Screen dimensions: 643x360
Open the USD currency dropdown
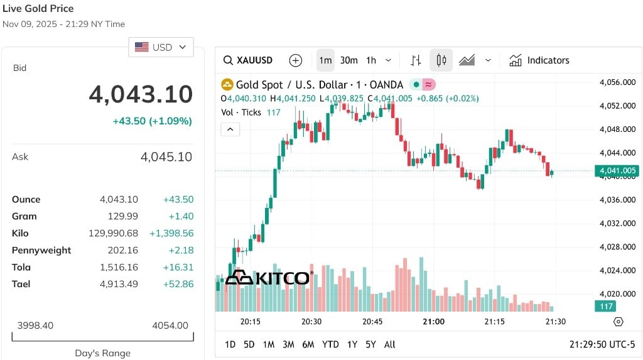(x=161, y=47)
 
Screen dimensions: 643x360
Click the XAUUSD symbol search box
(x=248, y=60)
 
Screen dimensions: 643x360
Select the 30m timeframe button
(x=349, y=60)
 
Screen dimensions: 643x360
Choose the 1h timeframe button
(x=371, y=60)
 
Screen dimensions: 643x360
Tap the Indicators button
(x=539, y=60)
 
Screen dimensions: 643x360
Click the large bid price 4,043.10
(x=141, y=94)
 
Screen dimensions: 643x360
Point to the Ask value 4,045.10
(x=166, y=157)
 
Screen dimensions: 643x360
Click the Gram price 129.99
(x=123, y=216)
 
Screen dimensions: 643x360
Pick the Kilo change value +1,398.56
(x=171, y=233)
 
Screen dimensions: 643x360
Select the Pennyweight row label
(x=41, y=251)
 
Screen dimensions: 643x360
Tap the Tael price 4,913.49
(x=119, y=284)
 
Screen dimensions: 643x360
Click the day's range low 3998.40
(x=35, y=325)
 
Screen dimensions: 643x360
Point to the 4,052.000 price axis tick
(x=618, y=106)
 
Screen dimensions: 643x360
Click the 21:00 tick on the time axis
(x=433, y=322)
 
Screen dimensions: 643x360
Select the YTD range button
(x=330, y=344)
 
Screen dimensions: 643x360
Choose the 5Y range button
(x=370, y=344)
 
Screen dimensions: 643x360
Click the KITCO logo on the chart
(x=269, y=278)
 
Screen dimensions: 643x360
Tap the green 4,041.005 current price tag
(x=617, y=170)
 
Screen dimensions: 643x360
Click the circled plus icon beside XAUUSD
(x=296, y=60)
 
